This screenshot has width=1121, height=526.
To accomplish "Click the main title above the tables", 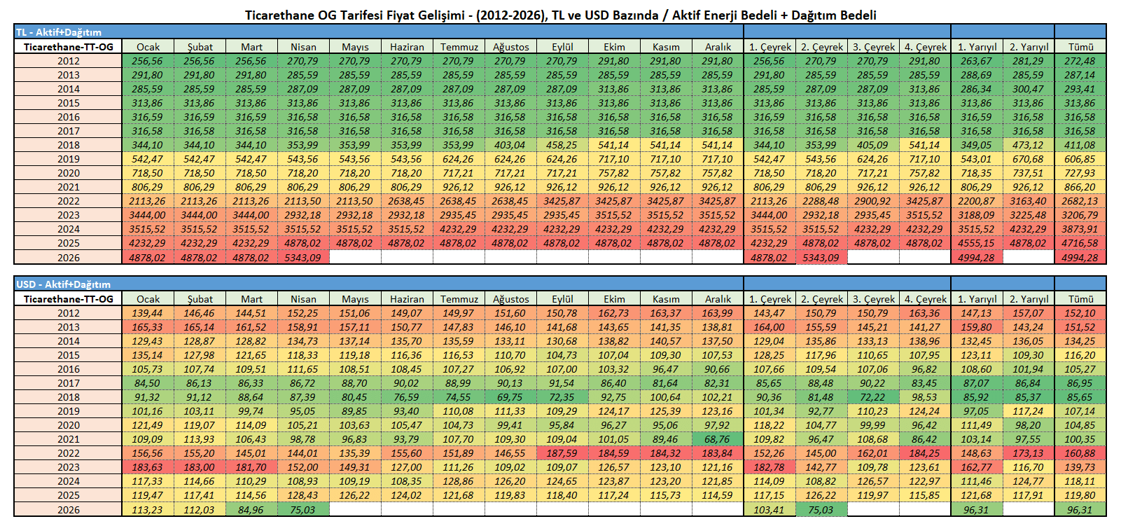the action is tap(560, 15).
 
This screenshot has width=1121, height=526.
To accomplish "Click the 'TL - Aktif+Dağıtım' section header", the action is tap(59, 32).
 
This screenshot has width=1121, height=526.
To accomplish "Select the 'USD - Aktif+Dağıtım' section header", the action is tap(63, 284).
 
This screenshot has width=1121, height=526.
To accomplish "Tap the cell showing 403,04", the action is tap(510, 145).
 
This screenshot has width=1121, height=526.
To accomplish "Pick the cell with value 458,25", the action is tap(562, 145).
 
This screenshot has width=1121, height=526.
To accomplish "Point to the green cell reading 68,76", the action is tap(718, 439).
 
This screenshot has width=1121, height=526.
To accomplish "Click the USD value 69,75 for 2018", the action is tap(510, 397).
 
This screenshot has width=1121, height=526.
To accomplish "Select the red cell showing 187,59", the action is tap(562, 453).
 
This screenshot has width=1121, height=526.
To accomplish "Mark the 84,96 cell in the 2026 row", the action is tap(251, 510).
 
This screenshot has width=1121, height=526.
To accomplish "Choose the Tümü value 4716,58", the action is tap(1080, 243).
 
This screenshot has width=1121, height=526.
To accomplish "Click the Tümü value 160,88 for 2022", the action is tap(1080, 453).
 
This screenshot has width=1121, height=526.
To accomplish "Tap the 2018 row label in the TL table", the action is tap(68, 145).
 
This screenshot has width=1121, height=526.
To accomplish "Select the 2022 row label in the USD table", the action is tap(68, 453).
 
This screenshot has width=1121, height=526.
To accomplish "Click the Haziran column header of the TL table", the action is tap(407, 47).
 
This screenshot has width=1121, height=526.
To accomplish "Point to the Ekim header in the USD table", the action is tap(614, 299).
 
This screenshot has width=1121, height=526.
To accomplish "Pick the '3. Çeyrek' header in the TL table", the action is tap(873, 47).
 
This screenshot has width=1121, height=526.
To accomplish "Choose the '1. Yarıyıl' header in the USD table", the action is tap(977, 299).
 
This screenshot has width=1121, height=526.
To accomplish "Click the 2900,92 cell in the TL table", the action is tap(873, 201).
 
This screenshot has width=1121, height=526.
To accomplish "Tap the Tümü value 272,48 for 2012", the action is tap(1080, 61).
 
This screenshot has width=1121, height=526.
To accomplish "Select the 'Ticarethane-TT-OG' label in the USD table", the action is tap(68, 299).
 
